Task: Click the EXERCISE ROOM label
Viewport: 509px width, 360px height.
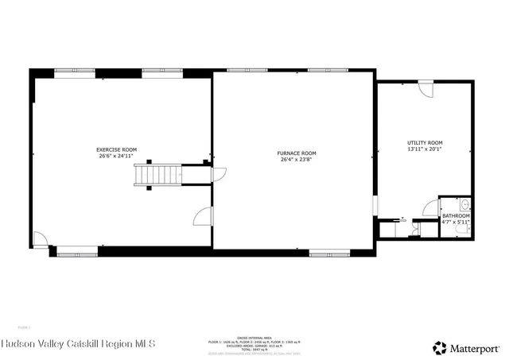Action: pyautogui.click(x=117, y=149)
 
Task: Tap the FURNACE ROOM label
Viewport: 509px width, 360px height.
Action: pyautogui.click(x=297, y=153)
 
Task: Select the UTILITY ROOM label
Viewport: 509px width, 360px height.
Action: pyautogui.click(x=423, y=142)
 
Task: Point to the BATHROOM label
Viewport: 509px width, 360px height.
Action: pyautogui.click(x=456, y=215)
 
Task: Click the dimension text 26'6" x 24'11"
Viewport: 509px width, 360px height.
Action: pyautogui.click(x=117, y=157)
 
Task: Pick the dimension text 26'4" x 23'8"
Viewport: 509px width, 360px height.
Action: pyautogui.click(x=297, y=160)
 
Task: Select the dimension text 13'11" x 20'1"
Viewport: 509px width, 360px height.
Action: pyautogui.click(x=423, y=149)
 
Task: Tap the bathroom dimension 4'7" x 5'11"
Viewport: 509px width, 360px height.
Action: pyautogui.click(x=456, y=223)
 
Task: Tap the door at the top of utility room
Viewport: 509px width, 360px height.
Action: pyautogui.click(x=426, y=88)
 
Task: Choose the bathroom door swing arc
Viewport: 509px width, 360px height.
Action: pyautogui.click(x=431, y=211)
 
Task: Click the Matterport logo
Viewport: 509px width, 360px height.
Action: pyautogui.click(x=466, y=346)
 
